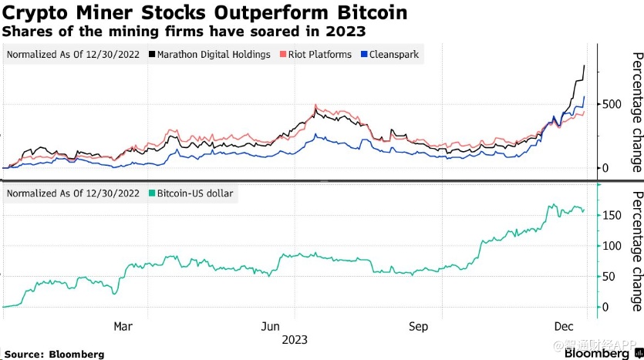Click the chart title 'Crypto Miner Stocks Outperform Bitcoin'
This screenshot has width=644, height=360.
(205, 13)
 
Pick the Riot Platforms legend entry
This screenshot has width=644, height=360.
(319, 55)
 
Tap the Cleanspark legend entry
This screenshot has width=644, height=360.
(394, 55)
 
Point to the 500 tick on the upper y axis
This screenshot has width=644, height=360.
(611, 104)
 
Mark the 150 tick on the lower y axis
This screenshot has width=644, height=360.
(611, 215)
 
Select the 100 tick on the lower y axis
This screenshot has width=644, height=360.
(611, 246)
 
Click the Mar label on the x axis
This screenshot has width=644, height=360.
(123, 326)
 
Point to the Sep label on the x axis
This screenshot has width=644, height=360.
(417, 326)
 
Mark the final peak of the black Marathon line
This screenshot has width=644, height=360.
(585, 66)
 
